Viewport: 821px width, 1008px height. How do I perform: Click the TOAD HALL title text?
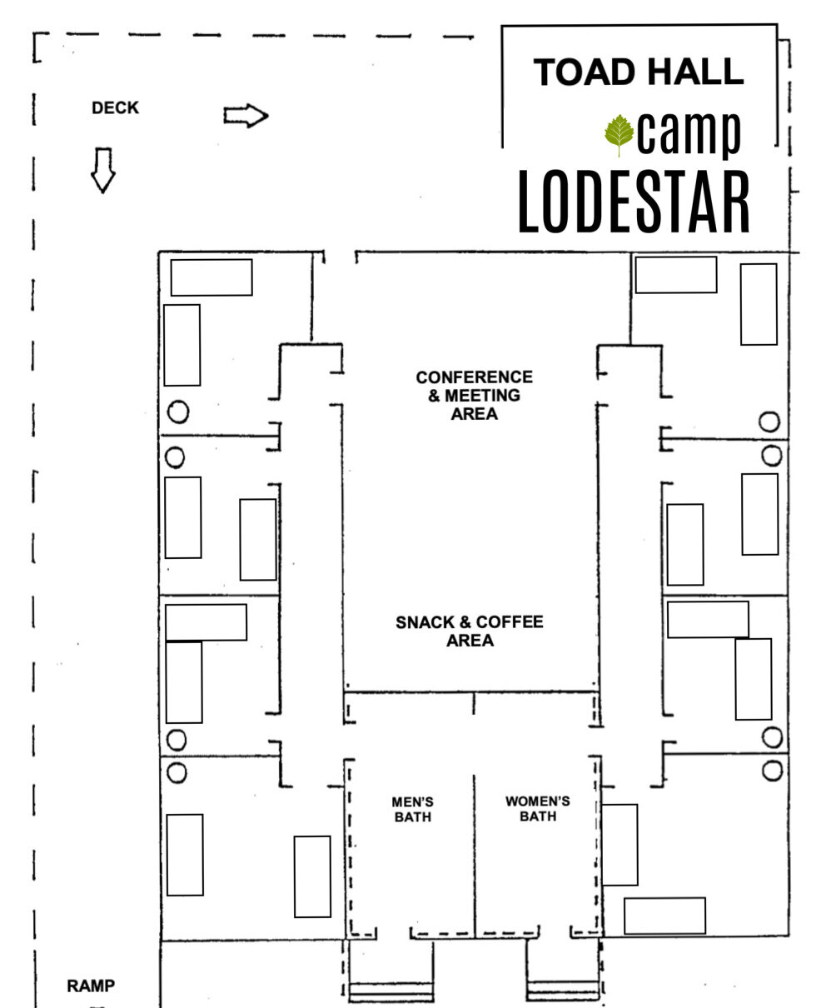click(x=638, y=72)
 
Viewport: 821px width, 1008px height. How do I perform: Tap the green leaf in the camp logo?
click(x=619, y=135)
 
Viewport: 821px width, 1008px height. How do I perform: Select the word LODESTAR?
click(x=634, y=203)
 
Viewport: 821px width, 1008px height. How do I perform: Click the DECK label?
click(x=116, y=108)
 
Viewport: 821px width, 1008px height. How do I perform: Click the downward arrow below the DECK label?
click(x=102, y=170)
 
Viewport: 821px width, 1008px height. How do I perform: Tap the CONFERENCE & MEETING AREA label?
click(x=474, y=395)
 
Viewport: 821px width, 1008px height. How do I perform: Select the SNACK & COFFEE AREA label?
click(x=470, y=631)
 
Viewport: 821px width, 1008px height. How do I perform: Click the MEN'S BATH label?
click(x=412, y=809)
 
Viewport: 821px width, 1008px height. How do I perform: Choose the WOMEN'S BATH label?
click(x=537, y=809)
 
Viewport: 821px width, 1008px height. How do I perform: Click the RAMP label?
click(x=91, y=986)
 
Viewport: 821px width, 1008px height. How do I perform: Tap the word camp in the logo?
click(x=690, y=133)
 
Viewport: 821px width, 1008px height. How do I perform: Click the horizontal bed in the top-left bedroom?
click(x=211, y=277)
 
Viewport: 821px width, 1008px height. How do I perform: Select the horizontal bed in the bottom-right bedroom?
click(x=664, y=916)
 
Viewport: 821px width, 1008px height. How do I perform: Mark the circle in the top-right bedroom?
click(x=769, y=422)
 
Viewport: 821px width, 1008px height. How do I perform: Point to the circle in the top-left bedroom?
click(x=177, y=411)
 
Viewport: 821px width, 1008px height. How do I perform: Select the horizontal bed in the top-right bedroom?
click(x=675, y=275)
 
